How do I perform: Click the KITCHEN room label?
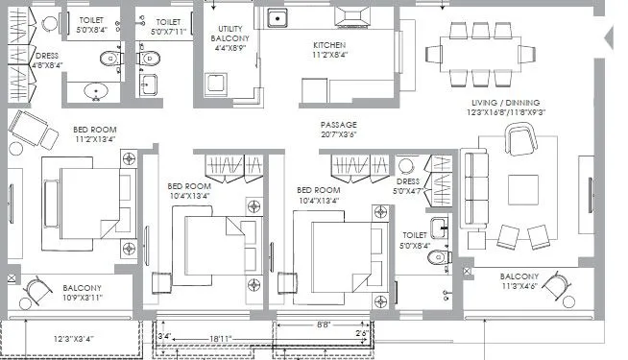coord(329,45)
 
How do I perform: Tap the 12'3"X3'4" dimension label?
coord(75,338)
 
